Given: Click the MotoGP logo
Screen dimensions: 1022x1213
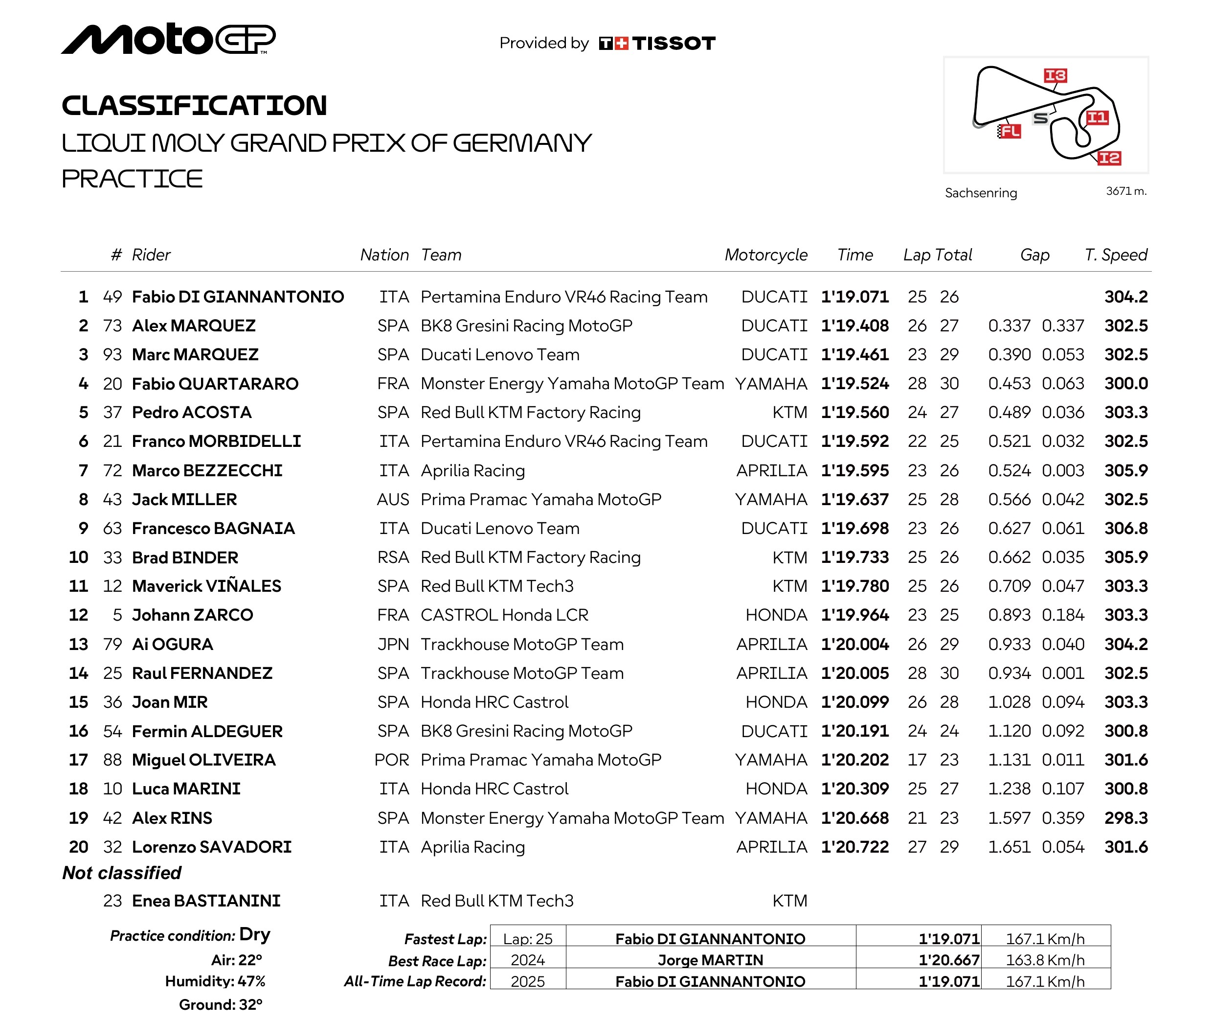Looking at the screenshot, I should (x=168, y=39).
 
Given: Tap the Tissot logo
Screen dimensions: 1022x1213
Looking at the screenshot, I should (x=657, y=44).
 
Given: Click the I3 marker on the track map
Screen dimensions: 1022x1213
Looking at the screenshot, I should (x=1055, y=75).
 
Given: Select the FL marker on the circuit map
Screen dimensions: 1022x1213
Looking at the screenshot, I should (x=1009, y=131).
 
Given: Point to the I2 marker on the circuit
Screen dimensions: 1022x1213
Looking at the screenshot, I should (x=1109, y=158).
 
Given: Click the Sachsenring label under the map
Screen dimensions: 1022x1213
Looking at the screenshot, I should (x=980, y=193).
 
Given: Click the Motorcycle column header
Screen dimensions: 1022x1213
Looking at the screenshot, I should (x=765, y=255).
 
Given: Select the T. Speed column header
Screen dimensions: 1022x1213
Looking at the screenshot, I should (x=1115, y=255).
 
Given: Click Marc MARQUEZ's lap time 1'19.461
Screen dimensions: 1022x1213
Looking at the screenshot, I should (x=854, y=354).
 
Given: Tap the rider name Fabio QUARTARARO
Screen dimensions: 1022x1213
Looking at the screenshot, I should (x=215, y=384).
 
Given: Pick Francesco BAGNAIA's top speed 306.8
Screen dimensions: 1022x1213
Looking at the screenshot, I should (x=1125, y=529).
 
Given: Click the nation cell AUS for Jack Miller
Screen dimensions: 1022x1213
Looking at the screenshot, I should (x=393, y=499).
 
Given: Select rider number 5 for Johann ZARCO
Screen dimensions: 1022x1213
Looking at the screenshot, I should (x=117, y=615).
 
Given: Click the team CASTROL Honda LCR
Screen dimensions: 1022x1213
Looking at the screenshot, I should (x=504, y=615).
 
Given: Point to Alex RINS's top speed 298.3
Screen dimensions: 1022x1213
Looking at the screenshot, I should (x=1125, y=818).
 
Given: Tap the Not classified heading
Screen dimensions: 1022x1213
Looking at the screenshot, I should (x=122, y=873).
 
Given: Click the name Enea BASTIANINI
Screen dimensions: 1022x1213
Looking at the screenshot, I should (x=206, y=901).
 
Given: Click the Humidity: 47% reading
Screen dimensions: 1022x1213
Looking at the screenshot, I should (x=215, y=981).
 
